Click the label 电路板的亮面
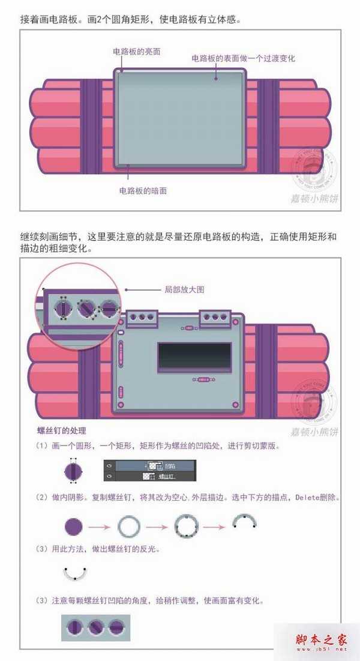click(137, 52)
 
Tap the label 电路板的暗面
click(143, 191)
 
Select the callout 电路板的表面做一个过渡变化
click(243, 58)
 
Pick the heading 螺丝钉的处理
click(62, 430)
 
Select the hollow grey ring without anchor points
click(128, 528)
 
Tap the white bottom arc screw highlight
click(74, 574)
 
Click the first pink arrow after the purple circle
click(100, 528)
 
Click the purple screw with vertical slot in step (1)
click(73, 470)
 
